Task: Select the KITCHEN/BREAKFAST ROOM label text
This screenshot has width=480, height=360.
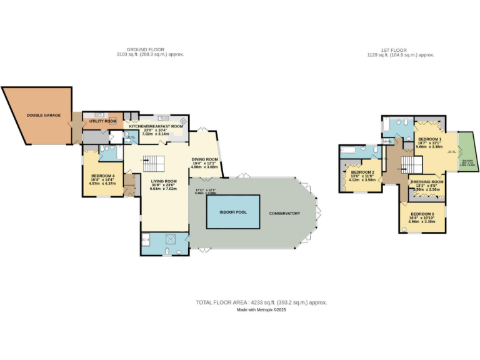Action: coord(156,126)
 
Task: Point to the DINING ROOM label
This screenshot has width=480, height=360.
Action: coord(204,159)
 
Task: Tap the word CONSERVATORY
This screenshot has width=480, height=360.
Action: coord(284,214)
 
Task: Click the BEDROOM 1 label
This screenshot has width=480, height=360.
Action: coord(429,139)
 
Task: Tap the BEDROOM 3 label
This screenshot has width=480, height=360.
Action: coord(422,214)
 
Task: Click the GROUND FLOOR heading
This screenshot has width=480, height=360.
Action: coord(145,49)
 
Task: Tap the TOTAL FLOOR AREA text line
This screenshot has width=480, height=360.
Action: coord(261,302)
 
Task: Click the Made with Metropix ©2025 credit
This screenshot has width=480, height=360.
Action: coord(261,311)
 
